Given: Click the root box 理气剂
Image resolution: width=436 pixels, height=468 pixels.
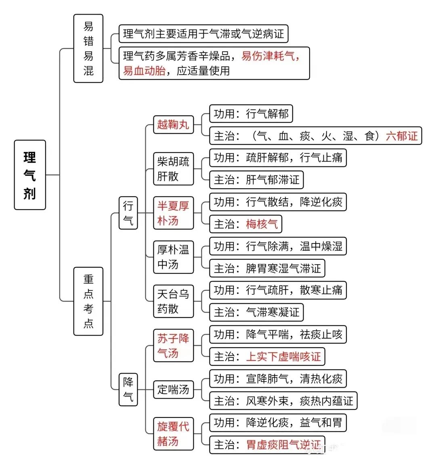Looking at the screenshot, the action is pos(30,175).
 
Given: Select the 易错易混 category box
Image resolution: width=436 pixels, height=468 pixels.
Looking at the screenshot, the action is pos(88,48).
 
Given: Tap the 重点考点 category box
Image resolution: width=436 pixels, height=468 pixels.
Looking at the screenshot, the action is pos(88,301).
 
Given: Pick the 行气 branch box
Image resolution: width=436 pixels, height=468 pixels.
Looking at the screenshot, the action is pos(128,213).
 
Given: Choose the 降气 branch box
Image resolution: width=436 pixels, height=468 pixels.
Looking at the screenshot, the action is pos(128,390).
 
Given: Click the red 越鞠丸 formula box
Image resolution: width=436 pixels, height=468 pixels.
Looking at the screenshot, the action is pos(173,124).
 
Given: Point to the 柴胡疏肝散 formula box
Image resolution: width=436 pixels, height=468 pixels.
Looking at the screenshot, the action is pos(173,169).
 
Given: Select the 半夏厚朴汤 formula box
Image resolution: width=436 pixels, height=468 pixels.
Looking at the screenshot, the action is pos(173,213).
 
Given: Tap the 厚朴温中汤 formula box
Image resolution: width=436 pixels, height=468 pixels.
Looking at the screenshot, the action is pos(173,257).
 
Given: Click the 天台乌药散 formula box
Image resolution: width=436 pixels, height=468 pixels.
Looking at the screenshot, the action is pos(173,301).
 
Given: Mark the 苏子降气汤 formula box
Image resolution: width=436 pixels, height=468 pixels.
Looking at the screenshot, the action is pos(173,346).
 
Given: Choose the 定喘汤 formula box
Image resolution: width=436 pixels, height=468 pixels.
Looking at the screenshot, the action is pos(173,390).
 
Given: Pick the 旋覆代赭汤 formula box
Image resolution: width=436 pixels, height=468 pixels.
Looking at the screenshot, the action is pos(173,434).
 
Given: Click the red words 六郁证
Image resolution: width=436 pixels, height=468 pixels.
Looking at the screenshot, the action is pos(402,136).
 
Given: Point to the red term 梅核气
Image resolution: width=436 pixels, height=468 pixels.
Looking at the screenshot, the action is pos(262,224).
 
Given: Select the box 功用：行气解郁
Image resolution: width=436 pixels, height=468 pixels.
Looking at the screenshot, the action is pos(251,114).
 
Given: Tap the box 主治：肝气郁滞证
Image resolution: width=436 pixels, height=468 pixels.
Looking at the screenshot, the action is pos(256,180).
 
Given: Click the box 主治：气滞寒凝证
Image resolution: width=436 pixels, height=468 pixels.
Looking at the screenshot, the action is pos(256,313).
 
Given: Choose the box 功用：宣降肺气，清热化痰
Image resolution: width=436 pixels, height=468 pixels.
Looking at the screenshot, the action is pos(278,379).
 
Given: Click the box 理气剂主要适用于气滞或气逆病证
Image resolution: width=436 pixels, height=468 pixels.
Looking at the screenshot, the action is pos(203,34).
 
